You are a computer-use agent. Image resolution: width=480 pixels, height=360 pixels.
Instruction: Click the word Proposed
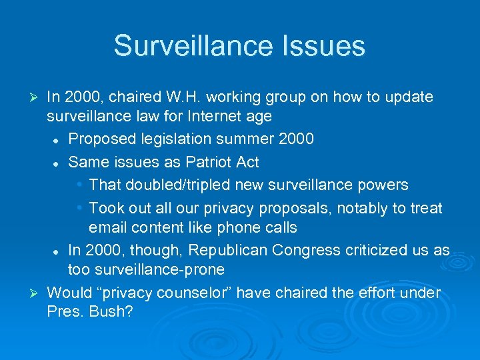coord(101,139)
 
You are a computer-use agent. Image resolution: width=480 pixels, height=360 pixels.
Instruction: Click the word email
coord(108,228)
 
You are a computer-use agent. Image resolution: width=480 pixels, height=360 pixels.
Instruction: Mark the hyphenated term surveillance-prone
coord(158,270)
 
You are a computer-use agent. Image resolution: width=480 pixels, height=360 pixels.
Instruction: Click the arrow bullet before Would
coord(37,293)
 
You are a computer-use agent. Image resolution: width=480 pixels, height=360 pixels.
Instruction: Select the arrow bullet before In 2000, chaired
coord(37,98)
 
